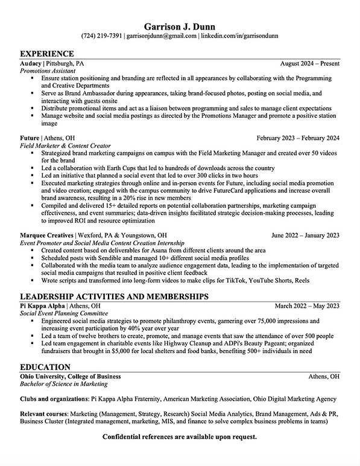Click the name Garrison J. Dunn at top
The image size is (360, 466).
tap(180, 26)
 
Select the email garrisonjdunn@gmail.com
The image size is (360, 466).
tap(162, 36)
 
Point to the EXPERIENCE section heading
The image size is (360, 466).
tap(47, 54)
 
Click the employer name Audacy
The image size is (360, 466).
tap(30, 63)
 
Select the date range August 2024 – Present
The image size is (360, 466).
tap(309, 63)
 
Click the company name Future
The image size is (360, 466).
tap(30, 138)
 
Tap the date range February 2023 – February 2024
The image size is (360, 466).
tap(297, 138)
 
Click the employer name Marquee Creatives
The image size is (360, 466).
tap(46, 235)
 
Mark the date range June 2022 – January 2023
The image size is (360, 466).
tap(305, 235)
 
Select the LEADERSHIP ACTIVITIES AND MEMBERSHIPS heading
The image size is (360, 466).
tap(114, 296)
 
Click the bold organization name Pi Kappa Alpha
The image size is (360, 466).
tap(43, 306)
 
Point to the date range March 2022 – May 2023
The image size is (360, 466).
tap(307, 306)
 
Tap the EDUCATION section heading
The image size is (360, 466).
tap(45, 367)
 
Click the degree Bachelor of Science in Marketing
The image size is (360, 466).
tap(63, 383)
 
